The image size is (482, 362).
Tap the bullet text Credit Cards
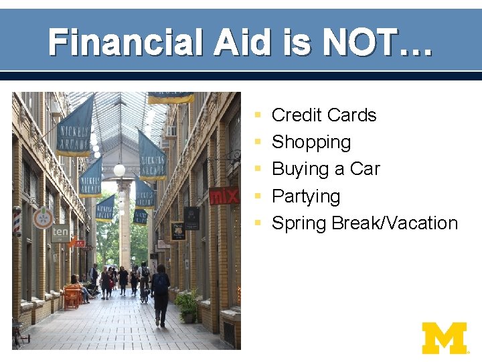tap(324, 115)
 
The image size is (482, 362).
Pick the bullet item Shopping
tap(311, 142)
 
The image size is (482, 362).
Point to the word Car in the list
tap(365, 169)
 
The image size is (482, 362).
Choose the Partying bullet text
tap(306, 196)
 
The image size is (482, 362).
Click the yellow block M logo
tap(445, 338)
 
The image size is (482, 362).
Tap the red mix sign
tap(224, 196)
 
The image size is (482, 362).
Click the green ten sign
tap(60, 233)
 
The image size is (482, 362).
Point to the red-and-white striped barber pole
tap(17, 221)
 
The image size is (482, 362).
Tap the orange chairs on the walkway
tap(72, 296)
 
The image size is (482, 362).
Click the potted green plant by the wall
tap(187, 304)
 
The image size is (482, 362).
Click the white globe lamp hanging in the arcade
tap(119, 170)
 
